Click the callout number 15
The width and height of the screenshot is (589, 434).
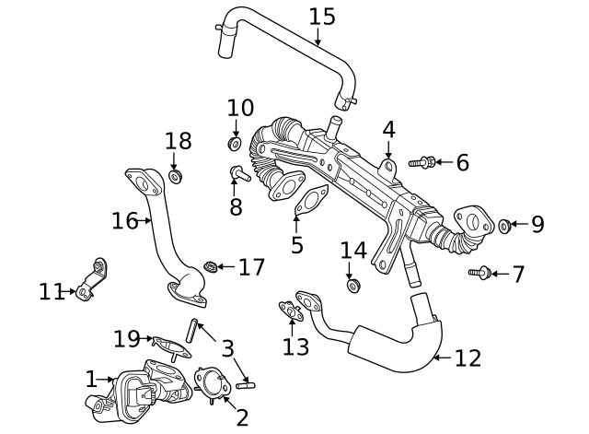[321, 17]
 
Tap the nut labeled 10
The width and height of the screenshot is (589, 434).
[235, 144]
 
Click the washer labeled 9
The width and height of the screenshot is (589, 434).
[505, 225]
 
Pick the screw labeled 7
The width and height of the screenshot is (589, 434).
[478, 272]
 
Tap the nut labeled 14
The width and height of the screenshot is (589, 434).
[352, 286]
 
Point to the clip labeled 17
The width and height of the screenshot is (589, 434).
[211, 267]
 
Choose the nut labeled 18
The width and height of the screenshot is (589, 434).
[177, 175]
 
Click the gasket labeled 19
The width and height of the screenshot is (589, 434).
[167, 346]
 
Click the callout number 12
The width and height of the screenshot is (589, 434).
[468, 358]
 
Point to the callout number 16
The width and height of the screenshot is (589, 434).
[124, 221]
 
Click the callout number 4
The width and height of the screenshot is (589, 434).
[388, 130]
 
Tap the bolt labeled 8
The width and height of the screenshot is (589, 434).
[237, 172]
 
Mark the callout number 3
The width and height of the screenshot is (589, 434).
[227, 349]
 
